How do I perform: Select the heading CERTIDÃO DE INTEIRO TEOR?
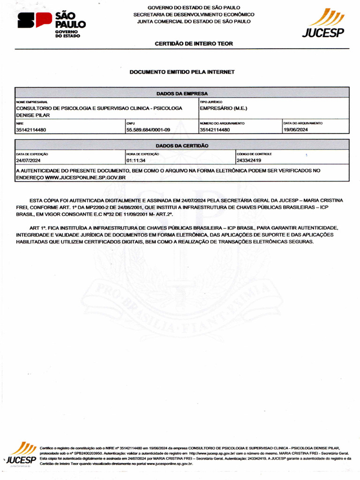click(x=194, y=44)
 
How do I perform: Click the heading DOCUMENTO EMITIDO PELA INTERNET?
click(x=182, y=72)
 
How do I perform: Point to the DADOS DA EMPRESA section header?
click(x=182, y=93)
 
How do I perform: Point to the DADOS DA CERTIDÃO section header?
click(x=182, y=146)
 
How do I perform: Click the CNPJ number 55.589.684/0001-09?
click(x=148, y=130)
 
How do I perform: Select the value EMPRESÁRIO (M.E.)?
click(x=223, y=108)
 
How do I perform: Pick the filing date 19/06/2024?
click(x=295, y=130)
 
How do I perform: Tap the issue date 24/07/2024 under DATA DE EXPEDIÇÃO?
click(x=29, y=160)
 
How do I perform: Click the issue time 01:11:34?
click(x=136, y=160)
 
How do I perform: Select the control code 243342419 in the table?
click(x=248, y=160)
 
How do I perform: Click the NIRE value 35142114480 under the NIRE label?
click(x=31, y=130)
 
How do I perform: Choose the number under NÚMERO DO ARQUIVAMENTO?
click(x=215, y=130)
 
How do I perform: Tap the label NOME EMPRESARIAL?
click(x=32, y=102)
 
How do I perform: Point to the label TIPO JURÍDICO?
click(x=211, y=102)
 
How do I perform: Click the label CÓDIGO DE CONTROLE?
click(x=254, y=154)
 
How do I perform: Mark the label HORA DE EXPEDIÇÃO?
click(x=142, y=154)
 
